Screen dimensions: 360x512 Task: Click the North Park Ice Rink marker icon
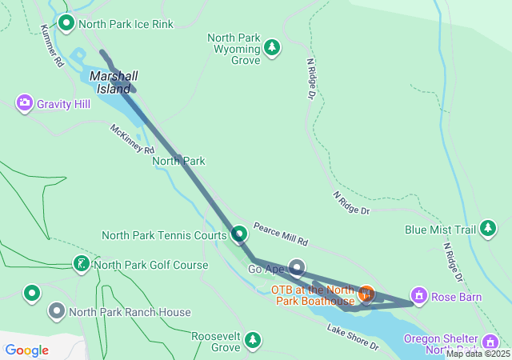(x=66, y=23)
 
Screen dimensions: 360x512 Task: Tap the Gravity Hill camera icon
(x=24, y=103)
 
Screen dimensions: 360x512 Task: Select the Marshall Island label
(x=114, y=82)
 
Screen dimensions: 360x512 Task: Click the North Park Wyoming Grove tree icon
(x=272, y=48)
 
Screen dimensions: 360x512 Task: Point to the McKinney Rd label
(x=133, y=138)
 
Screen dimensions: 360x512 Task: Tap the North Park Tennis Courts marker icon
(x=239, y=235)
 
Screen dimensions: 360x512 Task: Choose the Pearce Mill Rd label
(x=281, y=234)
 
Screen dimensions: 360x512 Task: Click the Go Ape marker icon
(x=297, y=267)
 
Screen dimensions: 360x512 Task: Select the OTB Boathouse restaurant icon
(x=366, y=294)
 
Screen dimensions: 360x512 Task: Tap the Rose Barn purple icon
(x=418, y=297)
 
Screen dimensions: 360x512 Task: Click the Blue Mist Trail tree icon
(x=487, y=230)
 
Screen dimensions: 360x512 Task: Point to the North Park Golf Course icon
(x=81, y=264)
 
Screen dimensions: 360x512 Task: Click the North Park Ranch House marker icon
(x=57, y=311)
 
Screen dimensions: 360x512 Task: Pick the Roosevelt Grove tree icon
(x=253, y=342)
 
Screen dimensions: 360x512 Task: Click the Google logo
(x=27, y=350)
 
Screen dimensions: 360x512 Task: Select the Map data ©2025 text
(x=478, y=354)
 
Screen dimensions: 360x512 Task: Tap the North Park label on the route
(x=178, y=161)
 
